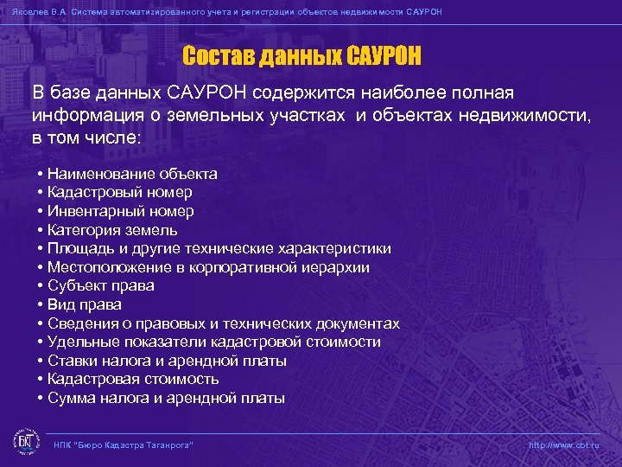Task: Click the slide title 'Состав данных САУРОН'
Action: coord(301,57)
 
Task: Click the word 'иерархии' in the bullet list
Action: coord(339,267)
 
